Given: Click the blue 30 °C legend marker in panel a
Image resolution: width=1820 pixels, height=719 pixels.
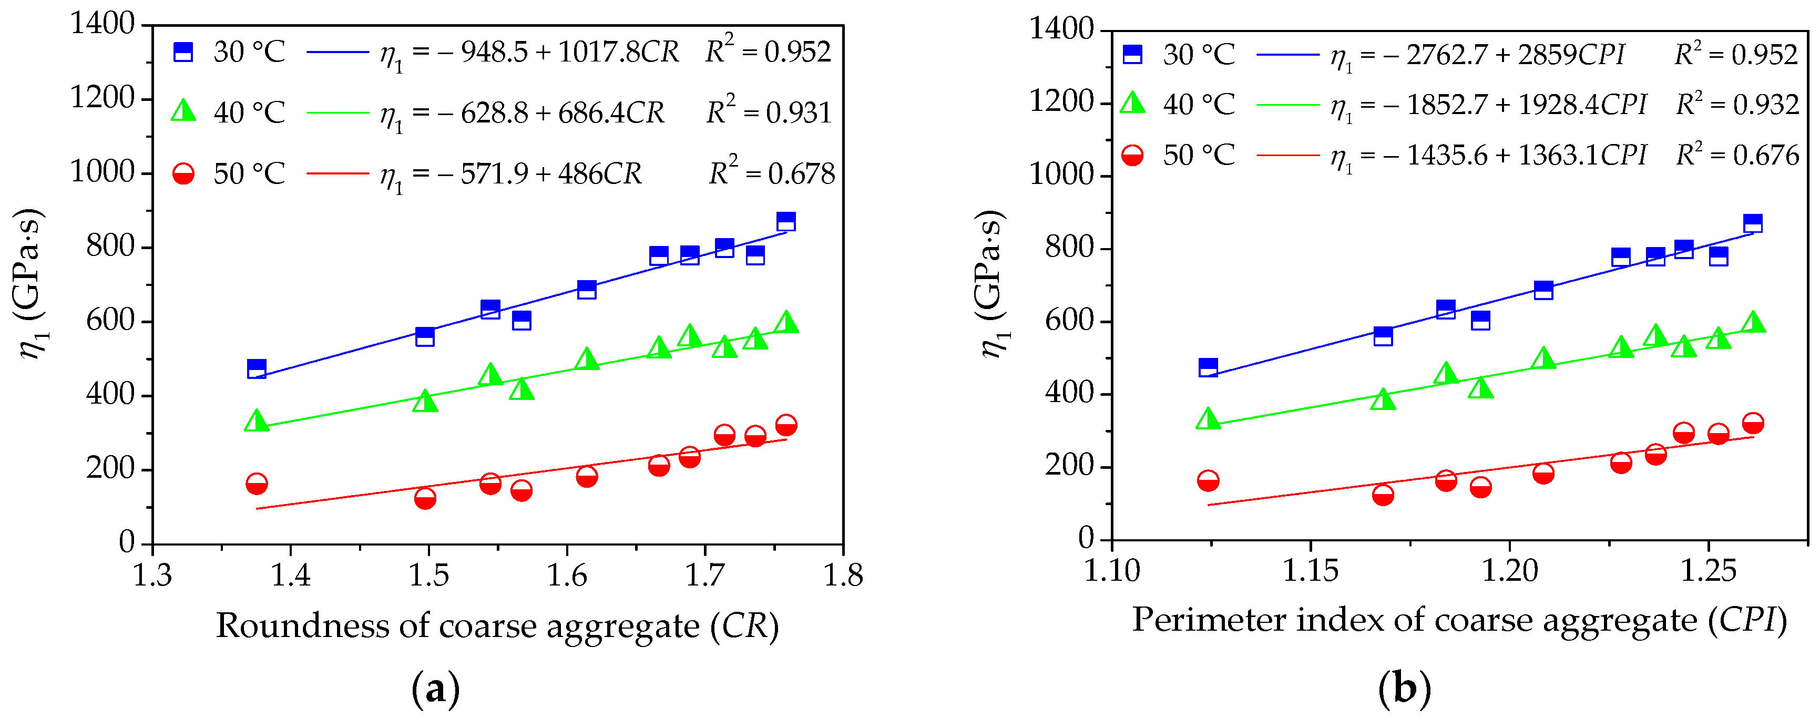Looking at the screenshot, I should [183, 52].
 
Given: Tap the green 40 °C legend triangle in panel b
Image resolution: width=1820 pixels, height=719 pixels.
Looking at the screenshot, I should [1132, 103].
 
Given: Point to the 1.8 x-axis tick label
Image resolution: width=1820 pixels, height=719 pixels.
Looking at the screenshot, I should [843, 576].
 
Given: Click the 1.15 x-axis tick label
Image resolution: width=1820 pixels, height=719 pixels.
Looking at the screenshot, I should [1311, 570].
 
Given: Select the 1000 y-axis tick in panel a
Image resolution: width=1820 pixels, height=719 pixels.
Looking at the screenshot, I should [102, 172].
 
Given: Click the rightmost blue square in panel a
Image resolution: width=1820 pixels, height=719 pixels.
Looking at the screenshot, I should [785, 221].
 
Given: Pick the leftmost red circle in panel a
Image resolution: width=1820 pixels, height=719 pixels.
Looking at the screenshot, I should [257, 484].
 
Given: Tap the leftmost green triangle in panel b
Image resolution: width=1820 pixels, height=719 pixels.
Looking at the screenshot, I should [1208, 419].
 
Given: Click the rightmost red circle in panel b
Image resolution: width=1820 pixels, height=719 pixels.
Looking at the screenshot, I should [1753, 423].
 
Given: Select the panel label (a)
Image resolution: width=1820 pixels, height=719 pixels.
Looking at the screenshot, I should [435, 689].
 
